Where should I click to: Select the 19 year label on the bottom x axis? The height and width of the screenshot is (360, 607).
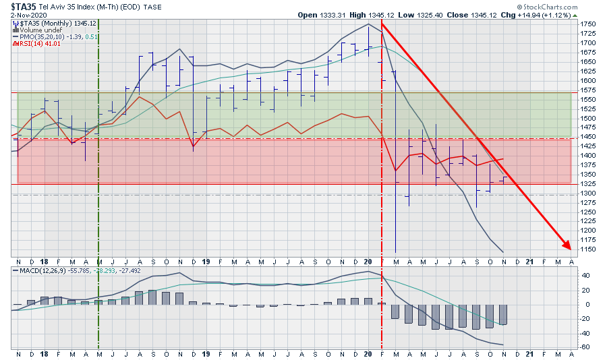click(x=207, y=354)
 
